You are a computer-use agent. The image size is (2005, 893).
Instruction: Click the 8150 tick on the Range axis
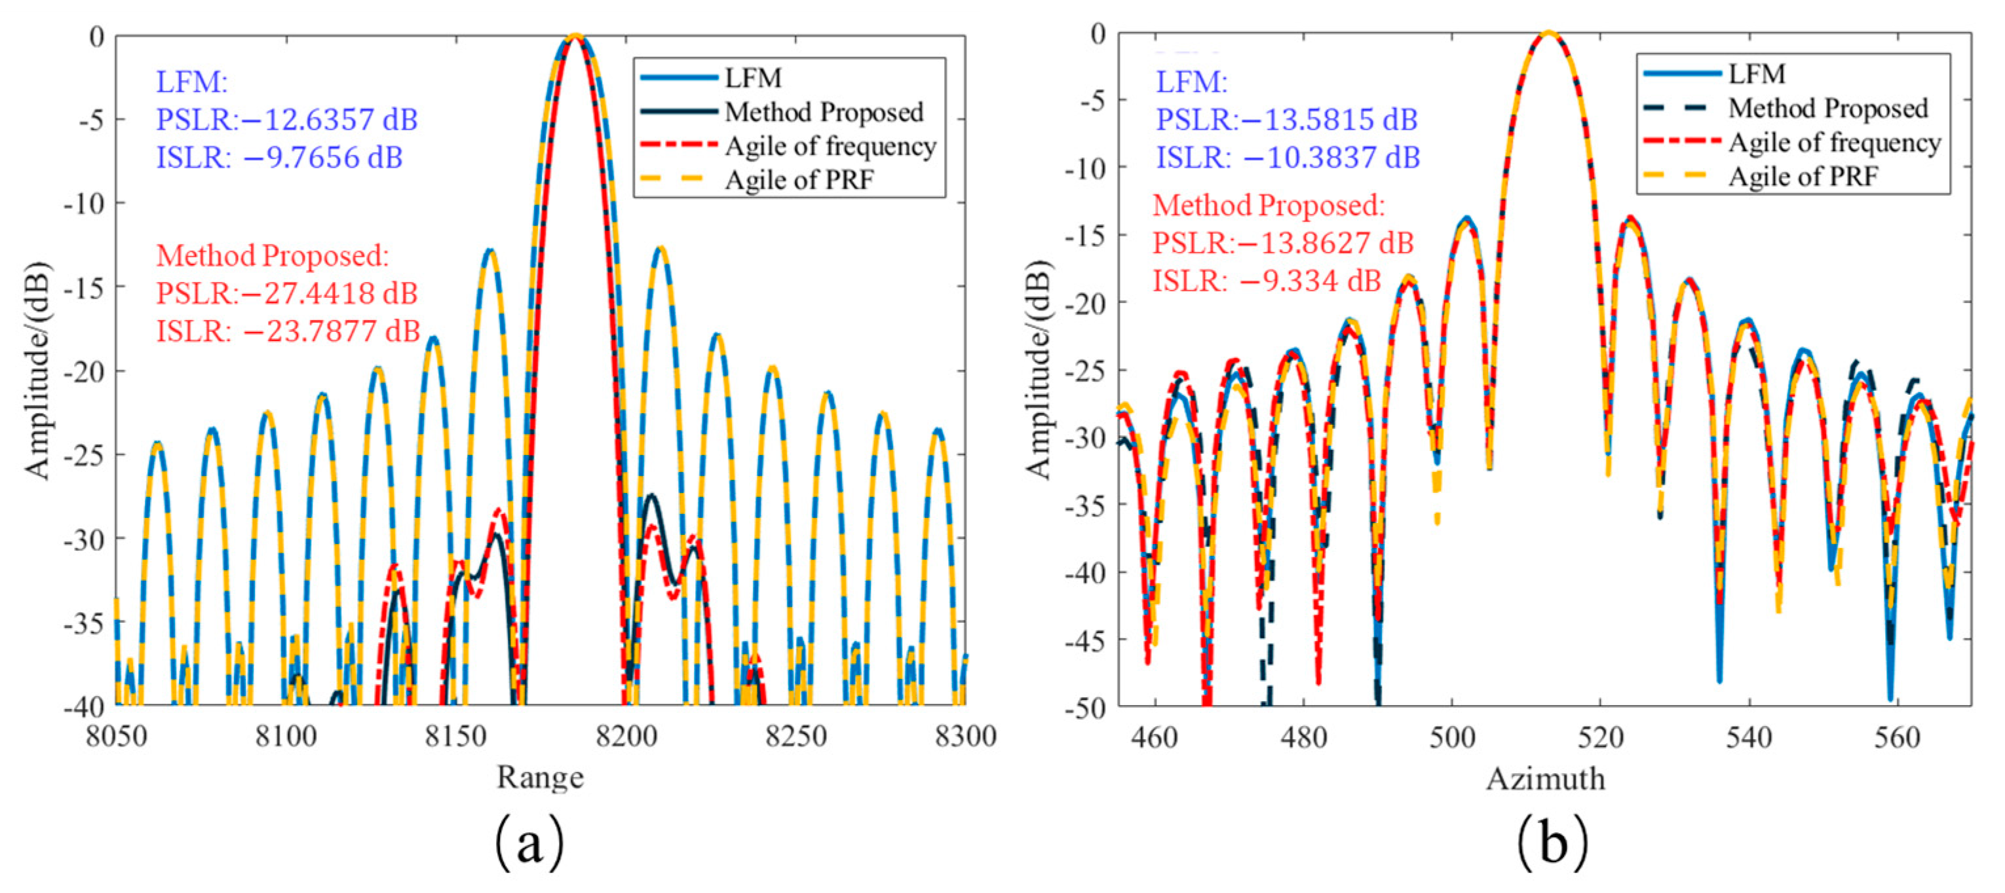(x=455, y=736)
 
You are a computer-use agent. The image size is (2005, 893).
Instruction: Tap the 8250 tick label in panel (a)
(x=795, y=736)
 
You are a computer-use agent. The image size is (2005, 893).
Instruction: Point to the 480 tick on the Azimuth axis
(x=1303, y=736)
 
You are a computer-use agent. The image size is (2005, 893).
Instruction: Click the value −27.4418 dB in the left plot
(x=330, y=294)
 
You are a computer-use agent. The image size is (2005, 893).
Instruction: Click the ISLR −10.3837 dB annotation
(x=1288, y=158)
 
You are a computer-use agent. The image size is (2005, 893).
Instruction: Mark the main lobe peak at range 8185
(x=575, y=36)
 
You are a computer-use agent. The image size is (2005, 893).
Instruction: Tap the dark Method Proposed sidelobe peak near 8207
(x=651, y=496)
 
